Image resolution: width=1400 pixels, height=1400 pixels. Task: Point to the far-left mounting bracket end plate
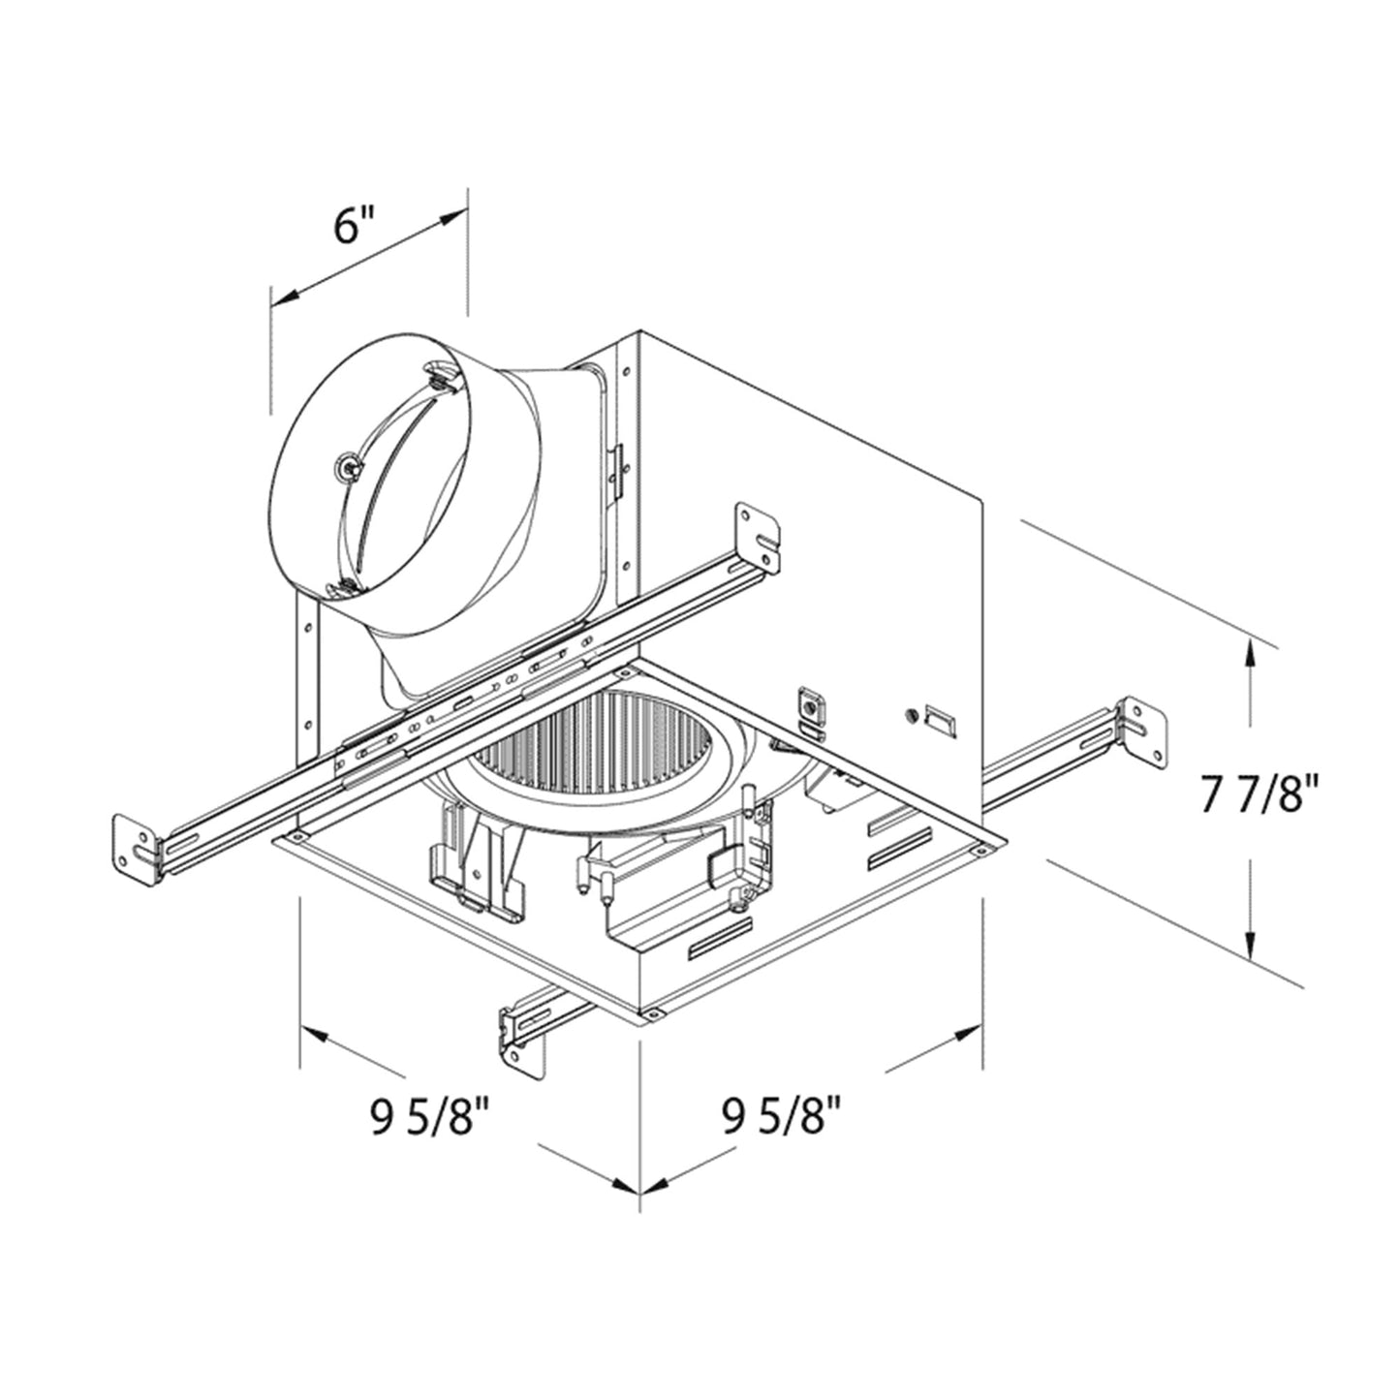pyautogui.click(x=136, y=850)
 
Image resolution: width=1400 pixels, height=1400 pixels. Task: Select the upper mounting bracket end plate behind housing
pyautogui.click(x=759, y=534)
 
